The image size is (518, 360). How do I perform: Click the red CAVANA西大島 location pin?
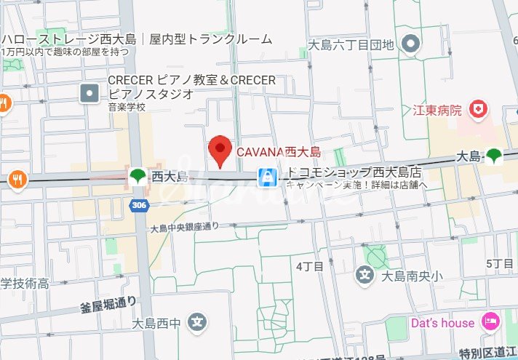click(x=220, y=150)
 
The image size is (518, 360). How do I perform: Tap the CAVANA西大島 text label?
click(x=279, y=153)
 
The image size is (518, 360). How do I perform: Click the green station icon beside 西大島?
click(x=137, y=176)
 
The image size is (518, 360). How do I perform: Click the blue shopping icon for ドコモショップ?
click(x=267, y=176)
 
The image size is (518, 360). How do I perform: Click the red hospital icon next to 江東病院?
click(x=477, y=110)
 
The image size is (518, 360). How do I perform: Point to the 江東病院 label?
click(x=438, y=111)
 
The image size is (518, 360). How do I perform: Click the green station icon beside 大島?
click(x=495, y=155)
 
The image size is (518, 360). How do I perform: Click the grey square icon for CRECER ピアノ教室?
click(x=89, y=92)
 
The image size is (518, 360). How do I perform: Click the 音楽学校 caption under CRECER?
click(x=127, y=107)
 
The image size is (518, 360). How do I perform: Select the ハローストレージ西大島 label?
click(x=137, y=39)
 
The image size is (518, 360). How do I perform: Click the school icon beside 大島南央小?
click(x=364, y=275)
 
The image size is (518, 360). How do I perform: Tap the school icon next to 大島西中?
click(x=196, y=322)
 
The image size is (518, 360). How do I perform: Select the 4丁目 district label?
click(x=309, y=267)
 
